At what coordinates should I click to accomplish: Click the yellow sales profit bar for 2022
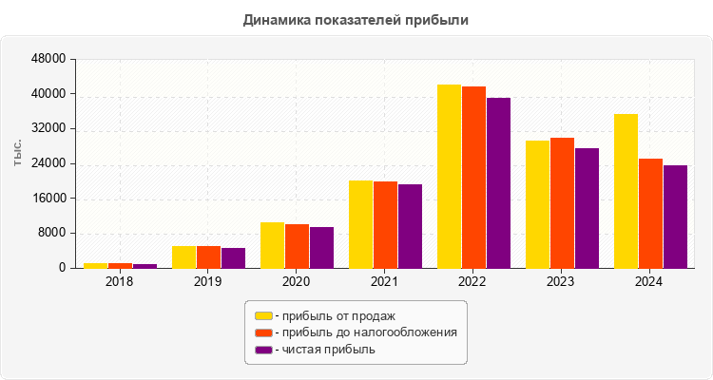pos(449,177)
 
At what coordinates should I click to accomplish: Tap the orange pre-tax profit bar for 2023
pos(562,203)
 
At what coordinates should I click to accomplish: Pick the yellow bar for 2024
pos(626,191)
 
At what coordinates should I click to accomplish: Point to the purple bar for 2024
pos(675,217)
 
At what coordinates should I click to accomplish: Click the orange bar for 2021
pos(385,224)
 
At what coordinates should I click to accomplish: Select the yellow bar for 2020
pos(272,245)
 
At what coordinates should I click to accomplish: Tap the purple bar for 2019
pos(233,257)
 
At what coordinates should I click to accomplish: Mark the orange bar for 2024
pos(650,213)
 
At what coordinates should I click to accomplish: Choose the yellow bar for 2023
pos(537,204)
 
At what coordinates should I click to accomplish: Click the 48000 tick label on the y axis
pos(48,59)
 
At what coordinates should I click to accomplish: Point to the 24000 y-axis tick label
pos(48,163)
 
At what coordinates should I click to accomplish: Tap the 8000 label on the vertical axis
pos(51,233)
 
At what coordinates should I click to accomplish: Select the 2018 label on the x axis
pos(119,282)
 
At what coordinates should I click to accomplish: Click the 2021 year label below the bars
pos(384,282)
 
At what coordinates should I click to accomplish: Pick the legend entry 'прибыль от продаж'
pos(334,315)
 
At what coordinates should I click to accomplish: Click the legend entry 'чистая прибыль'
pos(324,350)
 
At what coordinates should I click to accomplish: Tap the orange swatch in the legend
pos(262,332)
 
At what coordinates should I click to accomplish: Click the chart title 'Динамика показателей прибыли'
pos(356,19)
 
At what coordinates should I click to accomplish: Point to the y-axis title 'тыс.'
pos(18,152)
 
